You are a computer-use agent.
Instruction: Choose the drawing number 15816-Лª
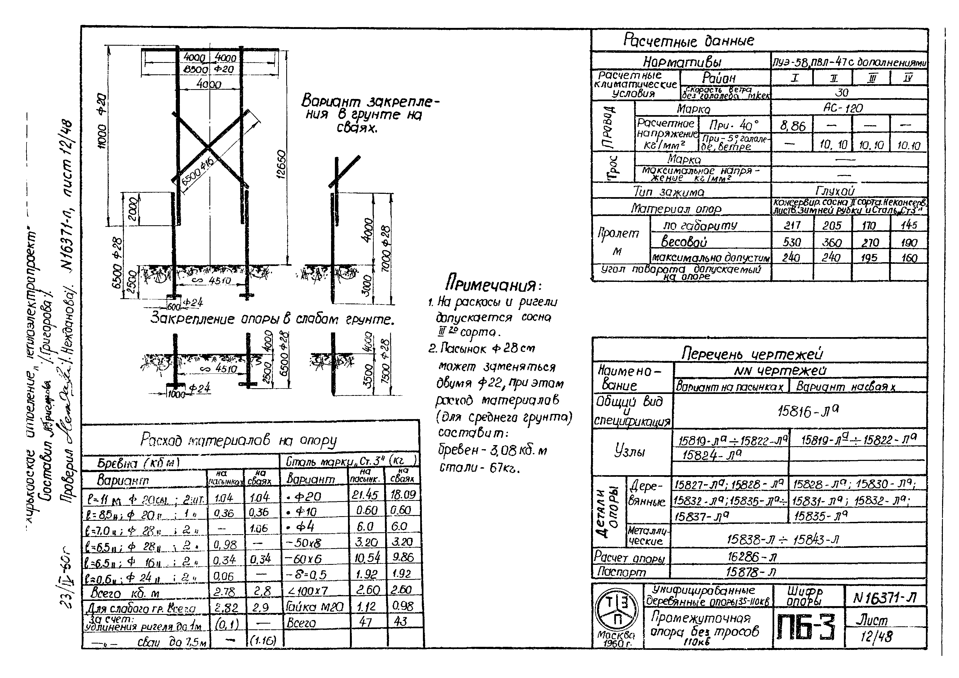click(808, 411)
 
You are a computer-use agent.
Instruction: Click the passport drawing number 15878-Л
click(751, 572)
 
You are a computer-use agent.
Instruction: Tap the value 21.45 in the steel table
click(365, 495)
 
